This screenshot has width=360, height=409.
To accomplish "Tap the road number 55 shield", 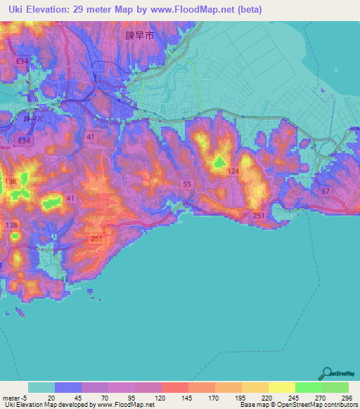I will pos(186,184).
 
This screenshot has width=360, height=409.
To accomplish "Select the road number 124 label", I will pos(233,171).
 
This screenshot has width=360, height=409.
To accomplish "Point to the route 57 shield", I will pos(324,191).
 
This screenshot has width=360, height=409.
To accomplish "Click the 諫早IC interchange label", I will pos(33,119).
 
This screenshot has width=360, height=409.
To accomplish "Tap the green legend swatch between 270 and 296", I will pos(335,387).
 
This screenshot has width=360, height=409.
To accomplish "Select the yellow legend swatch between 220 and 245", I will pos(281,387).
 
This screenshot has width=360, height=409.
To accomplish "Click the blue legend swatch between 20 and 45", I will pos(67,387).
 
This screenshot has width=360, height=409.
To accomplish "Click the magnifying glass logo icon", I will pos(328,373).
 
